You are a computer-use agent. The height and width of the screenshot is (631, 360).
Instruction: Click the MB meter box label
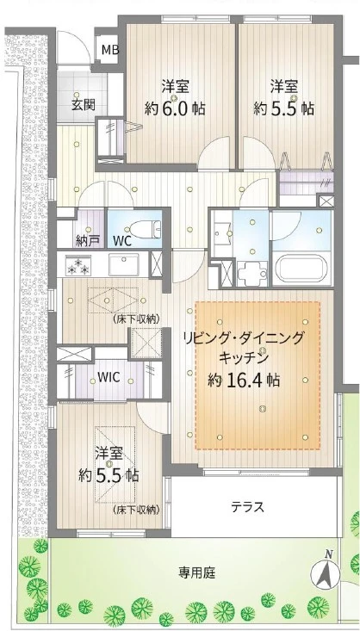pyautogui.click(x=109, y=50)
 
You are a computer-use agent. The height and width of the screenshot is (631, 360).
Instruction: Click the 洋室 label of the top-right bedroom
pyautogui.click(x=284, y=87)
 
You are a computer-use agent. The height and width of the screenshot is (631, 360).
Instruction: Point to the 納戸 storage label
pyautogui.click(x=87, y=240)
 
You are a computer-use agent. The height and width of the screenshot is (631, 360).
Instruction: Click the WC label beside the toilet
pyautogui.click(x=122, y=240)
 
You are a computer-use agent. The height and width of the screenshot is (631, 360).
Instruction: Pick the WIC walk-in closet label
pyautogui.click(x=108, y=376)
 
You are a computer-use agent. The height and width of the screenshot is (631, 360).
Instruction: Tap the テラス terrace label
pyautogui.click(x=246, y=506)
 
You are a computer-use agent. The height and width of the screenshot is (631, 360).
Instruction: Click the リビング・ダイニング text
pyautogui.click(x=242, y=337)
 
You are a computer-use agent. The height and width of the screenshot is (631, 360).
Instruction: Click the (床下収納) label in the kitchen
pyautogui.click(x=136, y=319)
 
